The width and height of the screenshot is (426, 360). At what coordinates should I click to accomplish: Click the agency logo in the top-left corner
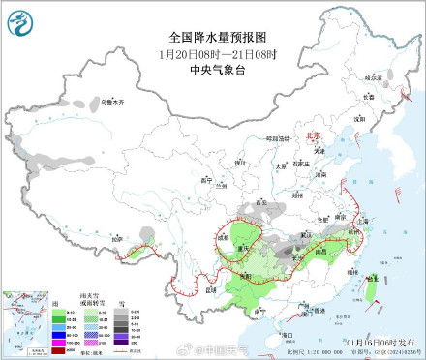coord(18,18)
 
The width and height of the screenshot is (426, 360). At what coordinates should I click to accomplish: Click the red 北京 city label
coord(312,138)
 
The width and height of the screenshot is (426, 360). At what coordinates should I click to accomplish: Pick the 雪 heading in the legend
coord(120,302)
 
